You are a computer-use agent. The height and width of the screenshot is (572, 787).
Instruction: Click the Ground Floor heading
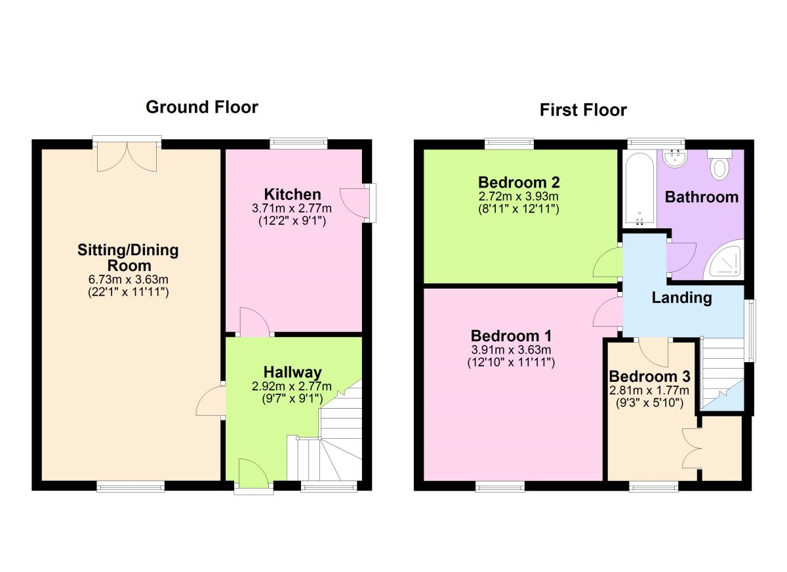tap(201, 107)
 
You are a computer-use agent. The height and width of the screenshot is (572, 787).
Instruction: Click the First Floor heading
tap(583, 110)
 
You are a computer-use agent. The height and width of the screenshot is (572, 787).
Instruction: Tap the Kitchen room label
tap(293, 194)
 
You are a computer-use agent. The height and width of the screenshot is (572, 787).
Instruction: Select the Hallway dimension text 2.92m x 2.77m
tap(293, 386)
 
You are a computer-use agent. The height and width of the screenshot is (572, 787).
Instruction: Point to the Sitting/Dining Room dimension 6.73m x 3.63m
tap(129, 281)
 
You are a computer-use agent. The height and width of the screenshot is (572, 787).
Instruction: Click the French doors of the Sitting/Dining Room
tap(127, 155)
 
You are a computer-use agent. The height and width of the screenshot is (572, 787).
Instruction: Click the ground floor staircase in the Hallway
tap(334, 439)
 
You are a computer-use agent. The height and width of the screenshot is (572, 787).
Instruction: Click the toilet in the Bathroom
tap(720, 165)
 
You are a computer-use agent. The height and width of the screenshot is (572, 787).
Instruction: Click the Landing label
tap(681, 298)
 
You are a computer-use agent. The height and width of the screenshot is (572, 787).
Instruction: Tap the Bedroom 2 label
tap(519, 182)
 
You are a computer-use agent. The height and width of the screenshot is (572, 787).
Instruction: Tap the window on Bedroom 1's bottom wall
tap(500, 486)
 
